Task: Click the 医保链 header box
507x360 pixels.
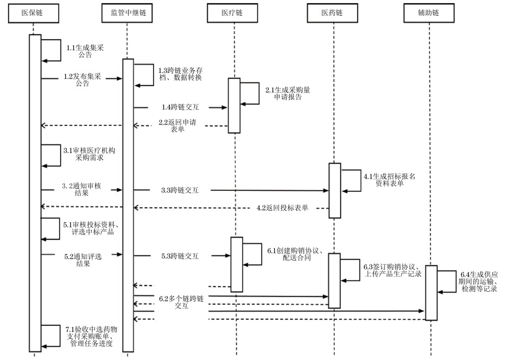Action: coord(33,13)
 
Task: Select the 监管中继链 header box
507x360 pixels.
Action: coord(128,13)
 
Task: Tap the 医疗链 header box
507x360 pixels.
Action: coord(234,13)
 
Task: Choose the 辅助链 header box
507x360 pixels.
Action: coord(428,13)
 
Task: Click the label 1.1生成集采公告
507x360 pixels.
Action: coord(85,51)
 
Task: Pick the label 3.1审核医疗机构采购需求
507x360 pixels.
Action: coord(85,154)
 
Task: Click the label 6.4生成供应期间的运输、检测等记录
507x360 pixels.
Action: coord(478,281)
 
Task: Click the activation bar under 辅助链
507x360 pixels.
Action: coord(431,293)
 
